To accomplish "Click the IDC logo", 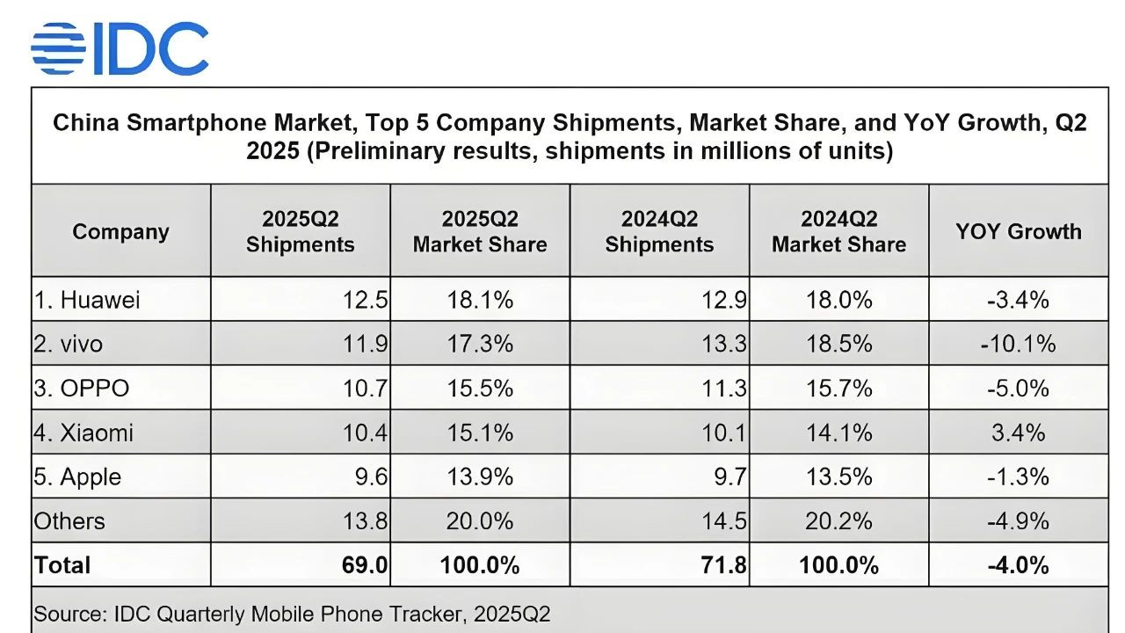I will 120,48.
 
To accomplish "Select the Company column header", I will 120,231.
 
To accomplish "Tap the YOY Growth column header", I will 1018,231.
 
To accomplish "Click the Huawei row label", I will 87,300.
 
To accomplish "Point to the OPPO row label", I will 82,388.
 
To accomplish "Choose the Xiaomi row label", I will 83,433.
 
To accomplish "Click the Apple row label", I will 77,477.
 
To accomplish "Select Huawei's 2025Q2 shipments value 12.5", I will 366,300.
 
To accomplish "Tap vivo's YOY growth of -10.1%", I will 1018,344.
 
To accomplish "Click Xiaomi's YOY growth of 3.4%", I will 1018,433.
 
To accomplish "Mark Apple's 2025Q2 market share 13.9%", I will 480,477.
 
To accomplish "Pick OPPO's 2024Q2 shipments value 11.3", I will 725,388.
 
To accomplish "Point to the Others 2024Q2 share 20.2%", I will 838,520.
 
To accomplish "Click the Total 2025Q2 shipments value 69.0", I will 366,564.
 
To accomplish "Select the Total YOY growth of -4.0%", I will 1018,564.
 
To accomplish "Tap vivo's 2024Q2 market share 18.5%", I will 838,344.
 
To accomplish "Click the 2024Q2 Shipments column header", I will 659,231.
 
